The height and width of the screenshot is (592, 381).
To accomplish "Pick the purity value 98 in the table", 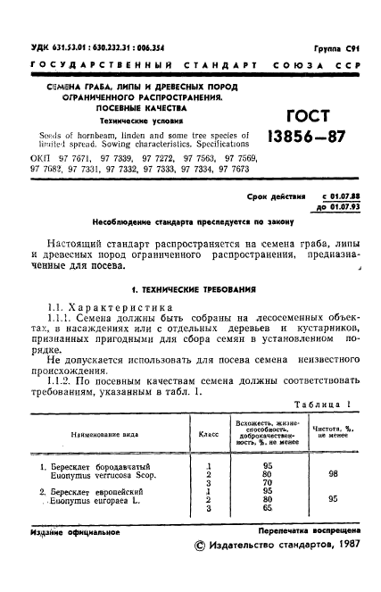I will (x=332, y=474).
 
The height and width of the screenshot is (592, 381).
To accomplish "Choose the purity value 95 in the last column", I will (x=332, y=501).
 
